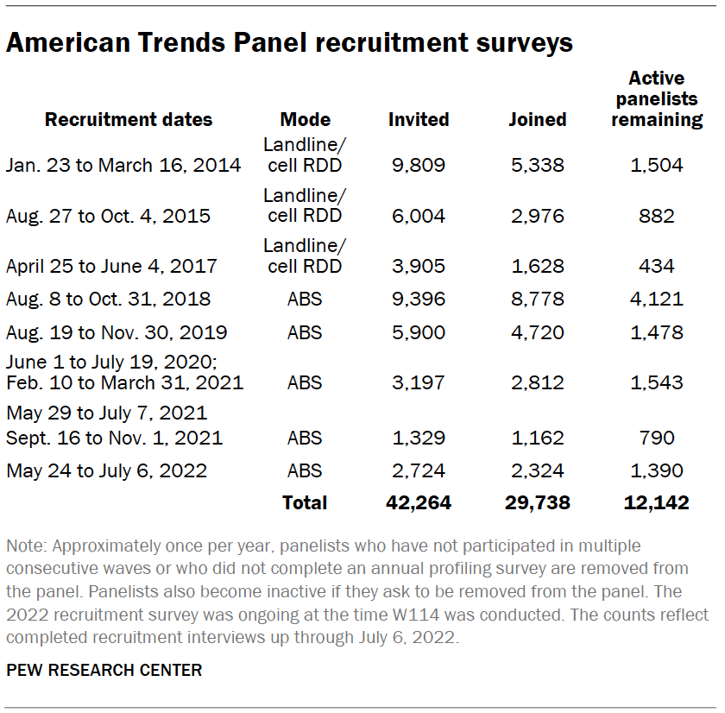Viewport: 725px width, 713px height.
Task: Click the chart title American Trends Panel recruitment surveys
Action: point(289,43)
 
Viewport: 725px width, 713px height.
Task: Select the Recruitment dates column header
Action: point(129,119)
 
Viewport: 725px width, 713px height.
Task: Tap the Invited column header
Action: point(419,119)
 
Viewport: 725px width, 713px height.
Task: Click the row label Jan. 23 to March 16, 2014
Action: point(123,164)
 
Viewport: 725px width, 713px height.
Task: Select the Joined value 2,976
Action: point(537,215)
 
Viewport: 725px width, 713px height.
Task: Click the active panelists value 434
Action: point(657,266)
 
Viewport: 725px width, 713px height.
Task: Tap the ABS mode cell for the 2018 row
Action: point(305,300)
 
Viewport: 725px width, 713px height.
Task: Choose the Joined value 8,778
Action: point(537,300)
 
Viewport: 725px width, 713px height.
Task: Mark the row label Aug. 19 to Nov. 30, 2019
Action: point(117,333)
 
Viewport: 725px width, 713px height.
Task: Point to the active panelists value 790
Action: point(657,438)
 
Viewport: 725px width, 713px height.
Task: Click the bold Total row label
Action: point(305,502)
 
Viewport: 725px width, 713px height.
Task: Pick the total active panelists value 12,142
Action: point(657,502)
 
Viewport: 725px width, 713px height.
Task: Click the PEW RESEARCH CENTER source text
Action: point(104,670)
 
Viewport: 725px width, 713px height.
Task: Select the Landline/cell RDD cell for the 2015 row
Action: point(305,206)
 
